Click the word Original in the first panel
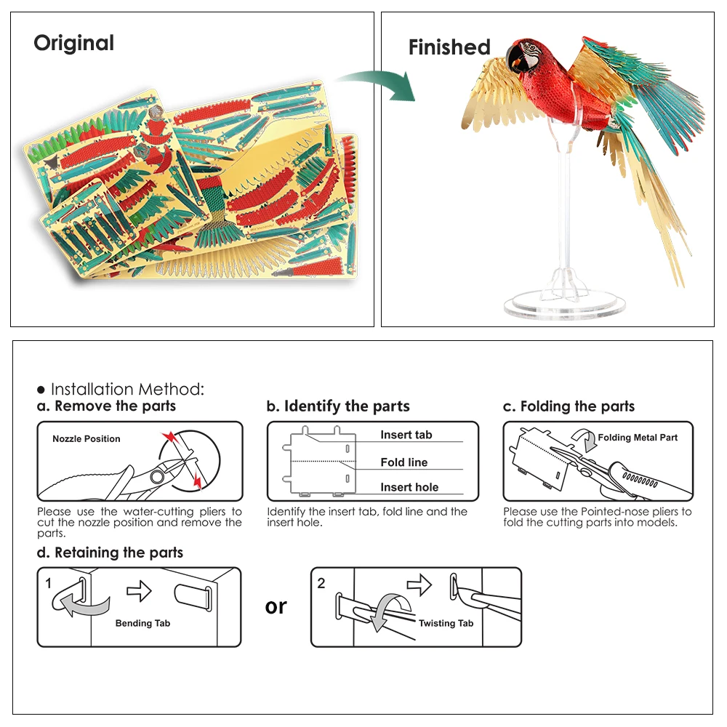click(73, 43)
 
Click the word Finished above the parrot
click(449, 48)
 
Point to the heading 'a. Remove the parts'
click(106, 406)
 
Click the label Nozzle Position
click(87, 439)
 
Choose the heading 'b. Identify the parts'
click(338, 406)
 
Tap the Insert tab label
click(406, 435)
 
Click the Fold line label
click(404, 462)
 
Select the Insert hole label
click(409, 488)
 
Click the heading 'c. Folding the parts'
click(569, 406)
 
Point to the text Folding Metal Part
click(638, 438)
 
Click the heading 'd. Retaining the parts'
click(110, 553)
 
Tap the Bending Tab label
click(143, 623)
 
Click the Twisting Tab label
click(446, 623)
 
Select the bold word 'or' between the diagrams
click(276, 606)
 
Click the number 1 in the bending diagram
click(48, 583)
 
